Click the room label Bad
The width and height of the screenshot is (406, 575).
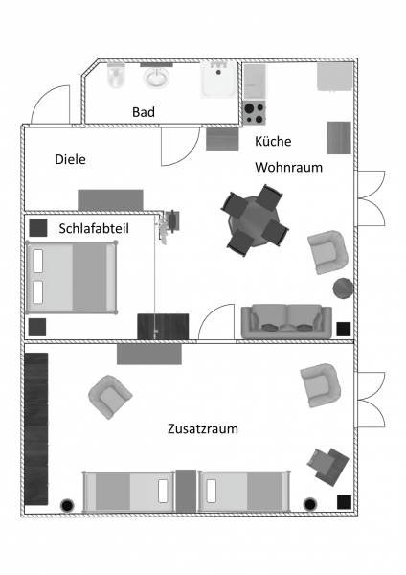144,112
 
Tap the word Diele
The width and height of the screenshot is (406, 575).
70,159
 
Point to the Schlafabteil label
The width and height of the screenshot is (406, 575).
94,228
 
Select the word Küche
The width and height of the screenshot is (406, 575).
273,141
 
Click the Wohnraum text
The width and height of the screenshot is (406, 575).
289,167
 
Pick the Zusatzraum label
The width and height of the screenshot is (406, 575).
203,428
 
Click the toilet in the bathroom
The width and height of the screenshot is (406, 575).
117,76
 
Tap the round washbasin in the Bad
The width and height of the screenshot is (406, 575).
156,77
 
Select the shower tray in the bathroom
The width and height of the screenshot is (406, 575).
218,80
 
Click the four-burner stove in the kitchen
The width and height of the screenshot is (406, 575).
255,112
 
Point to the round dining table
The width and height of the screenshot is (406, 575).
255,220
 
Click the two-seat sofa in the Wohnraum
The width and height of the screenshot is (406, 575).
286,321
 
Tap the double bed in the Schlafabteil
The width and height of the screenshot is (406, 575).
72,277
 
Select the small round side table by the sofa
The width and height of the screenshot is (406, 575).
343,288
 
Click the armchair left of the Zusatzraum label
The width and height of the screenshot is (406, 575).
110,397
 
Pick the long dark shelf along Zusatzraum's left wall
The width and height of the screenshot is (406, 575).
36,428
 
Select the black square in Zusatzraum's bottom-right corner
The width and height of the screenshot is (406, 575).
344,502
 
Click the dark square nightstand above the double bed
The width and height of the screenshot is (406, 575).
38,228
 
